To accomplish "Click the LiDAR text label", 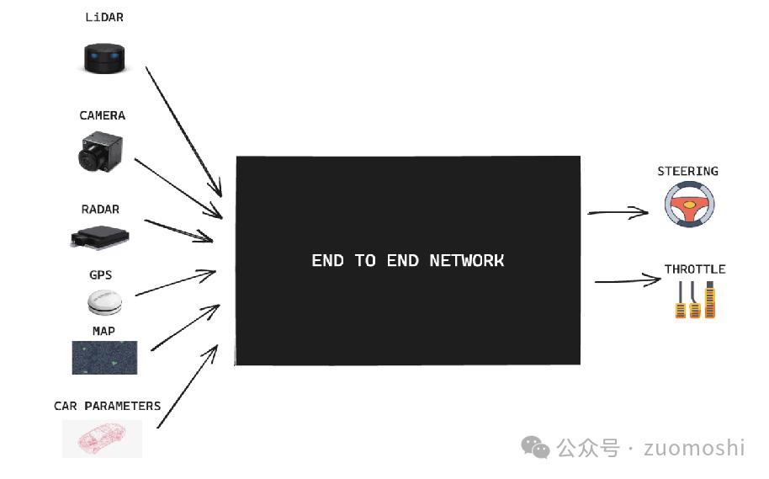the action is (104, 17).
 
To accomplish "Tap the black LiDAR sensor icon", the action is (104, 58).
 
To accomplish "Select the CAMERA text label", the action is (102, 115).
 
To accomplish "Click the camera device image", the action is (100, 152).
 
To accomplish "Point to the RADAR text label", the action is (100, 209).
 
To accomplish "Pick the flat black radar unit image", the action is (100, 237).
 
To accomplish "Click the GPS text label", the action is (100, 274).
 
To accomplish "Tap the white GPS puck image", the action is (104, 302).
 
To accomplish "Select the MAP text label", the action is (103, 332).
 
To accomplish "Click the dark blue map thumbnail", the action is (104, 358).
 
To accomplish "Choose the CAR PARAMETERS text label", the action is (107, 406).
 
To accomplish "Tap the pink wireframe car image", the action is (102, 439).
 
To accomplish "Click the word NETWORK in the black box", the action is (466, 261).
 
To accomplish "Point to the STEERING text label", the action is (687, 171).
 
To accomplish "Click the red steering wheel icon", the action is (689, 205).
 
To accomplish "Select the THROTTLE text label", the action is (695, 269).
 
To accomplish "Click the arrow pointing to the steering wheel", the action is (618, 212).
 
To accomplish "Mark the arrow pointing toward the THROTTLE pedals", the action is (628, 280).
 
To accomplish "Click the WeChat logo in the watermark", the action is (535, 447).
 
